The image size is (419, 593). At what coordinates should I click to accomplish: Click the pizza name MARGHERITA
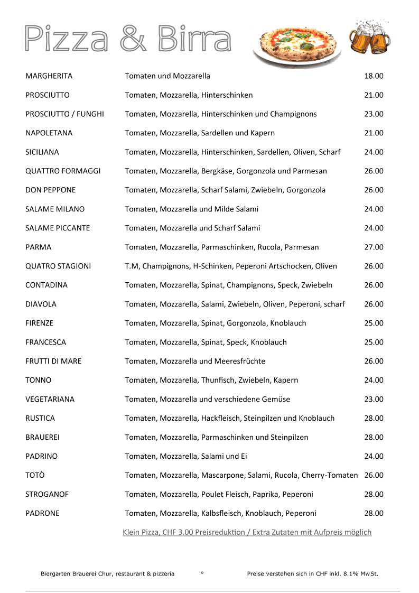49,76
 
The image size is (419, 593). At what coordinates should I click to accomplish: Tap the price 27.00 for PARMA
374,247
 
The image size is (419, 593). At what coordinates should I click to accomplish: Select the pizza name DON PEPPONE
50,190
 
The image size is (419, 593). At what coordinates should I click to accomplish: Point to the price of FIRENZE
374,323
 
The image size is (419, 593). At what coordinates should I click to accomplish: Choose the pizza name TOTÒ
35,476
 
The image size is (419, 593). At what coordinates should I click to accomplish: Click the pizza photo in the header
297,47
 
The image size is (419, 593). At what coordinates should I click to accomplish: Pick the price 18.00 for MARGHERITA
374,76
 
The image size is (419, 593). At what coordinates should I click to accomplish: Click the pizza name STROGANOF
47,495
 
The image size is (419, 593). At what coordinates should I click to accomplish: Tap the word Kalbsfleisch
222,514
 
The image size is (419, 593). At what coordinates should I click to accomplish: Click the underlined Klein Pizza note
247,532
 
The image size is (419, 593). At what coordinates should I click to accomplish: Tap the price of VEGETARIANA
374,400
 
